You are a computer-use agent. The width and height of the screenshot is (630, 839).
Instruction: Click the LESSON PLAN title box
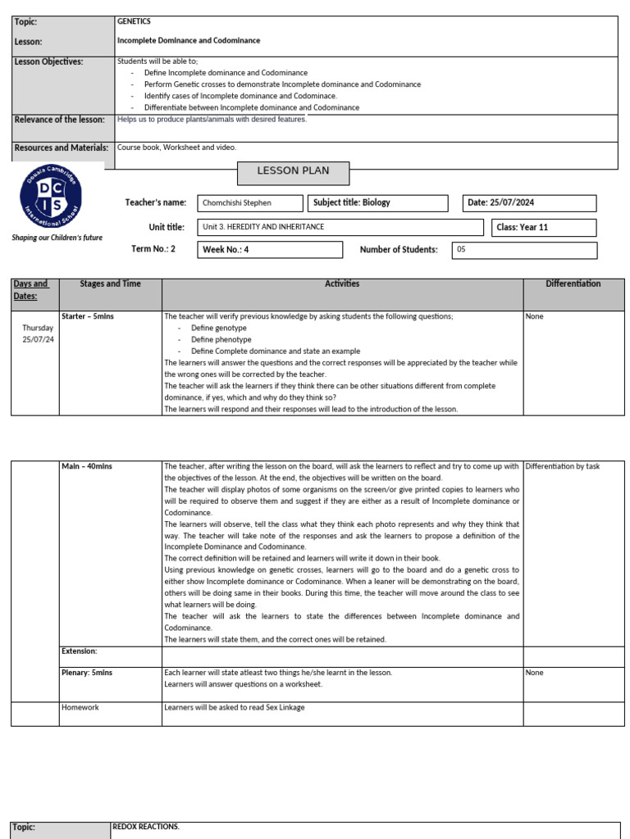293,172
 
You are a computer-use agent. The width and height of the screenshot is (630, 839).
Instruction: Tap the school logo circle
51,199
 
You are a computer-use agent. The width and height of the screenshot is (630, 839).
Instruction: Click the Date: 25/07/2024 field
530,203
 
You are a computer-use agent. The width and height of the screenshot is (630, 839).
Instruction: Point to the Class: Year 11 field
544,228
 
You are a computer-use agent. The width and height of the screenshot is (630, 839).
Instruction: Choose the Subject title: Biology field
378,202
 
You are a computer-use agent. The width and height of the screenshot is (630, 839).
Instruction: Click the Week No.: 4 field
270,250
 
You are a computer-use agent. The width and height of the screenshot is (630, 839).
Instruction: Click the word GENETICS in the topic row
134,22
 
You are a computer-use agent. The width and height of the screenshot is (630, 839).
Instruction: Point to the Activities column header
342,284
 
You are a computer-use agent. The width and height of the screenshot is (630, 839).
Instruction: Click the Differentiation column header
573,284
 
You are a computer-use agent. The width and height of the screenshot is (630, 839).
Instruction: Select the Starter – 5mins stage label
88,316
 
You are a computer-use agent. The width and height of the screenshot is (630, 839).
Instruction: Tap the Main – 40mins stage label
87,466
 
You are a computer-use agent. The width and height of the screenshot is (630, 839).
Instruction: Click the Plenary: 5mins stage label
87,673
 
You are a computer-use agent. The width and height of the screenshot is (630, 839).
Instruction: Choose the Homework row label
80,707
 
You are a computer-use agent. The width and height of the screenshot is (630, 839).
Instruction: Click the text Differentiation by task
563,466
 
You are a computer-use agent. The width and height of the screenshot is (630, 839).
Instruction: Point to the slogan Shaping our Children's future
57,238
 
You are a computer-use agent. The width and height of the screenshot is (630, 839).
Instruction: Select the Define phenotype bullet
221,339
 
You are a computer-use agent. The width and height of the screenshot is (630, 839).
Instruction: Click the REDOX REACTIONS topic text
146,828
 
